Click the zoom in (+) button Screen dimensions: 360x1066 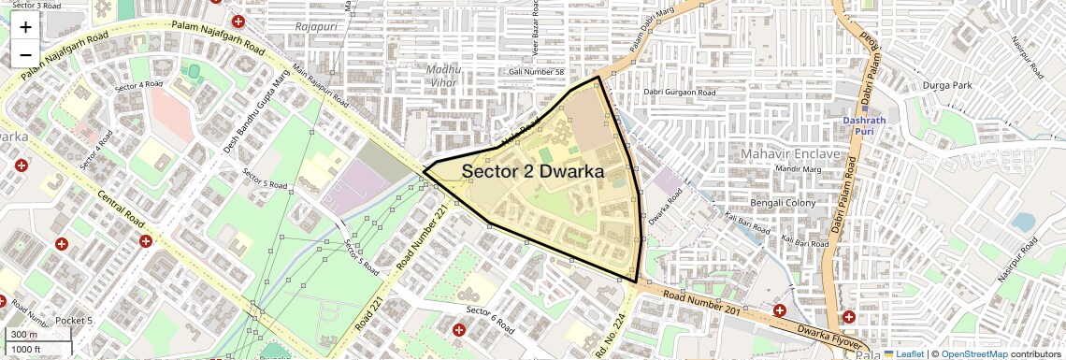click(x=25, y=27)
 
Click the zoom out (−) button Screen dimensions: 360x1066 click(x=25, y=55)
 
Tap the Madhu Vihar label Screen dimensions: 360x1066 click(x=444, y=75)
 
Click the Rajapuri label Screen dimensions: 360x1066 click(x=315, y=27)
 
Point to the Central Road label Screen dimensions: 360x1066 click(x=119, y=210)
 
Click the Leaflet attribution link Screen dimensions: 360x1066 click(x=905, y=353)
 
